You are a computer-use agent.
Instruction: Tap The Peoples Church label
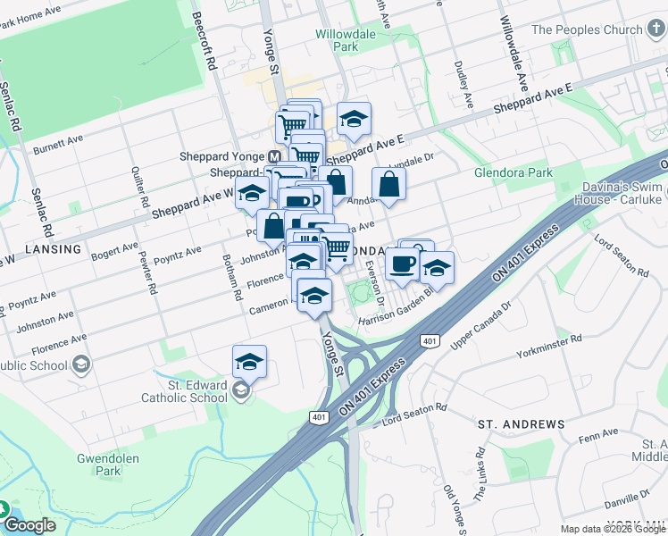[587, 29]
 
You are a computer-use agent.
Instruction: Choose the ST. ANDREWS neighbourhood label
[521, 423]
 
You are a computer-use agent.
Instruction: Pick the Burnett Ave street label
[58, 145]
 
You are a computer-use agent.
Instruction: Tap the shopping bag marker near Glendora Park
[389, 185]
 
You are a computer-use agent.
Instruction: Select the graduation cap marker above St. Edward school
[249, 362]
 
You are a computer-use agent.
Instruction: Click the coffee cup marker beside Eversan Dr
[402, 264]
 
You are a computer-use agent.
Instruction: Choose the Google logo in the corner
[29, 525]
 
